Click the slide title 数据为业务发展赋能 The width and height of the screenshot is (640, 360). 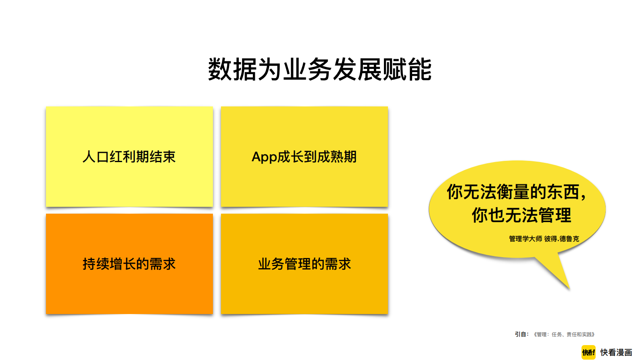tap(320, 69)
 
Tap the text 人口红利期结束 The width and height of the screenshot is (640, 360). tap(129, 157)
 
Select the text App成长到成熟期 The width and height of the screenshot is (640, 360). tap(304, 157)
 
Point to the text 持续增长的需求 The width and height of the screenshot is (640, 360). tap(129, 264)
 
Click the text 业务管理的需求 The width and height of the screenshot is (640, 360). tap(304, 264)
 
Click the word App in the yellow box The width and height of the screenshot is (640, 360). tap(265, 157)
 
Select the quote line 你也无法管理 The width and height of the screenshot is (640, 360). tap(521, 215)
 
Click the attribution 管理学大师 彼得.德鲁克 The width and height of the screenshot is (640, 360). tap(544, 239)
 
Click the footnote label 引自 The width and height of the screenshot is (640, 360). tap(521, 334)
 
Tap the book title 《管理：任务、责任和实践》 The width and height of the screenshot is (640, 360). tap(564, 335)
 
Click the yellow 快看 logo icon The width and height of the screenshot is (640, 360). tap(588, 352)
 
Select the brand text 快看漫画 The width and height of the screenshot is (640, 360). tap(616, 352)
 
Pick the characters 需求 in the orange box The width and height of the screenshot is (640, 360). tap(163, 264)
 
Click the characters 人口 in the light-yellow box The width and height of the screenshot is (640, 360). tap(96, 157)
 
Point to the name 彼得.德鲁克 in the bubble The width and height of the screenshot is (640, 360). tap(561, 239)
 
